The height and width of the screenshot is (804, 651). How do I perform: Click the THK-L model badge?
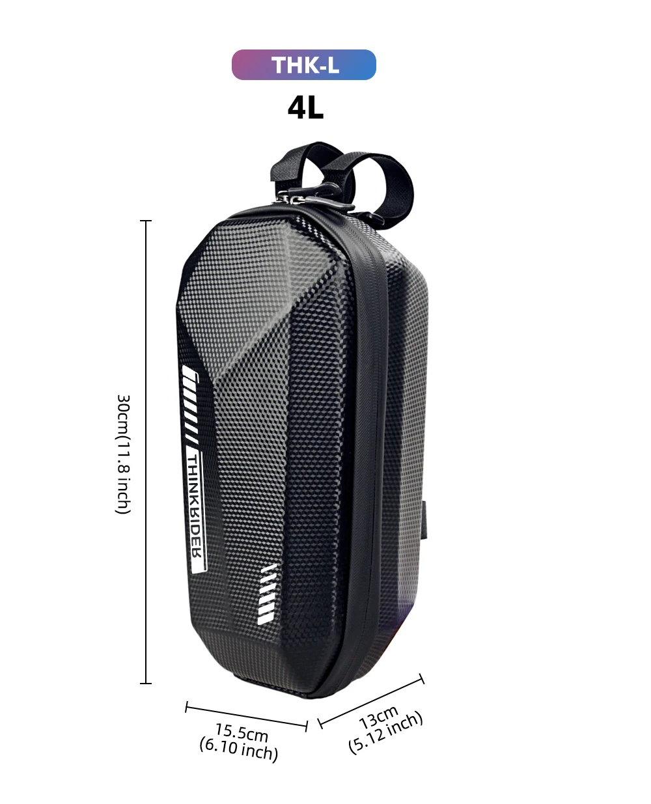point(304,65)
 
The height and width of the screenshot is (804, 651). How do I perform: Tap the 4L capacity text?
point(305,108)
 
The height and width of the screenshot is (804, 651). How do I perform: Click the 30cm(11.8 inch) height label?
point(123,454)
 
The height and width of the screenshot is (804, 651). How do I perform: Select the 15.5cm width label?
point(242,734)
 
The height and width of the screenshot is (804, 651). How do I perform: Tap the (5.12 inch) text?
point(386,733)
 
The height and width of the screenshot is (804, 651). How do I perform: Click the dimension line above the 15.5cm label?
point(246,716)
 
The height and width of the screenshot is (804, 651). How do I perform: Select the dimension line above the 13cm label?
point(371,700)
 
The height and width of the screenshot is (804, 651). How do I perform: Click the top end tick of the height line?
point(146,221)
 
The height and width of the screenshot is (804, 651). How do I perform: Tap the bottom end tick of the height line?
point(146,683)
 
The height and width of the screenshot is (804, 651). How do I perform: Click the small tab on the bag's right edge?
point(426,521)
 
